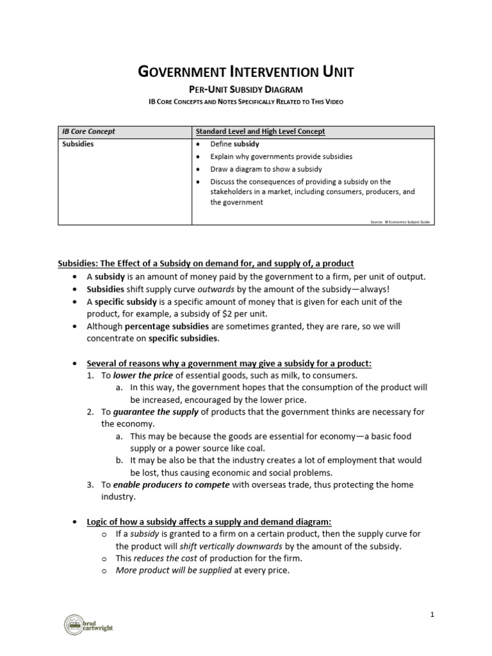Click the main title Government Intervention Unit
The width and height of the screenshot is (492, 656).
246,72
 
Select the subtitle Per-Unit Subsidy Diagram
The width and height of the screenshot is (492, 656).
246,90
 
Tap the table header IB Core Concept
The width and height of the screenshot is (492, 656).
88,131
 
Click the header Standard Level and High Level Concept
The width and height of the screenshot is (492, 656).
260,131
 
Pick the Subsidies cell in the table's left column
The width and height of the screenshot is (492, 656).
78,144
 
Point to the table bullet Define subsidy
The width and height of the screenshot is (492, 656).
234,144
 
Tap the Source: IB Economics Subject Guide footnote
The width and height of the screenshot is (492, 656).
400,222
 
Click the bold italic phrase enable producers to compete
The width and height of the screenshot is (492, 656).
172,485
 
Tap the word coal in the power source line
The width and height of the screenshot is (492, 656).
254,448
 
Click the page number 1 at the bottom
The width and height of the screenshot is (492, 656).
432,615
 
